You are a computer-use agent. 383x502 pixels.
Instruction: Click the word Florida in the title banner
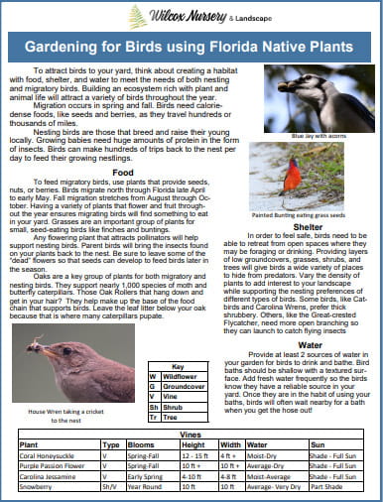(238, 48)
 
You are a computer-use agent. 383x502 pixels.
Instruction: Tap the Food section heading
(123, 172)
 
